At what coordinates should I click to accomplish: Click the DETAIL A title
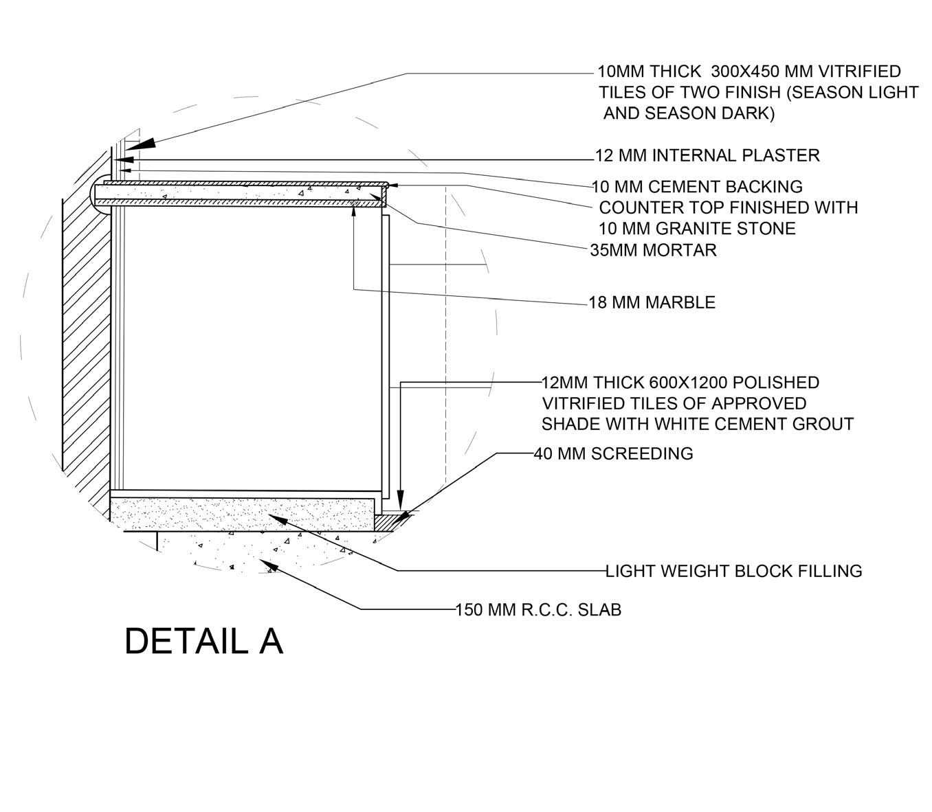(x=203, y=642)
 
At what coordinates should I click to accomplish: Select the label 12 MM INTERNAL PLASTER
(x=707, y=156)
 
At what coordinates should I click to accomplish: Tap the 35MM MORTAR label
(x=653, y=250)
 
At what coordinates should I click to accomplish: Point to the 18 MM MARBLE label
(x=652, y=302)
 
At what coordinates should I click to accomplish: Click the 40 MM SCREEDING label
(x=613, y=453)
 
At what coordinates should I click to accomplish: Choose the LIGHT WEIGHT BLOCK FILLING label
(x=733, y=571)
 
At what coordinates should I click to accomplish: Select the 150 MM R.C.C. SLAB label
(x=538, y=609)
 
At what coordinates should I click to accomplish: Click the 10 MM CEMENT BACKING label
(x=697, y=187)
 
